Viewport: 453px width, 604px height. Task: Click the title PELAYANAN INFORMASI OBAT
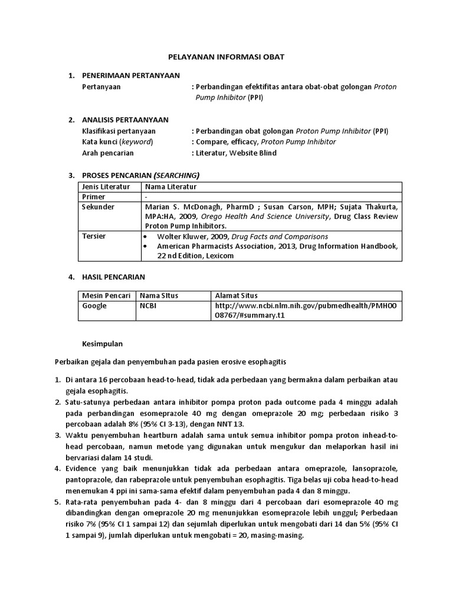[x=227, y=57]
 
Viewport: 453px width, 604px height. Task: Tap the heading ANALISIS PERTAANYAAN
[x=125, y=120]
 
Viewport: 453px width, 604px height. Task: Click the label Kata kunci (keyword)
[x=117, y=142]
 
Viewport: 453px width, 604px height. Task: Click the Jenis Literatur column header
[x=106, y=186]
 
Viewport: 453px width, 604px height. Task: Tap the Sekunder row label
[x=98, y=207]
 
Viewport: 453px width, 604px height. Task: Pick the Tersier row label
[x=94, y=236]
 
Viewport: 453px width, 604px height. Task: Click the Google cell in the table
[x=94, y=306]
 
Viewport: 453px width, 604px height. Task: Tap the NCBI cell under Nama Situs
[x=149, y=306]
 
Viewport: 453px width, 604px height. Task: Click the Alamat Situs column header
[x=236, y=296]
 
